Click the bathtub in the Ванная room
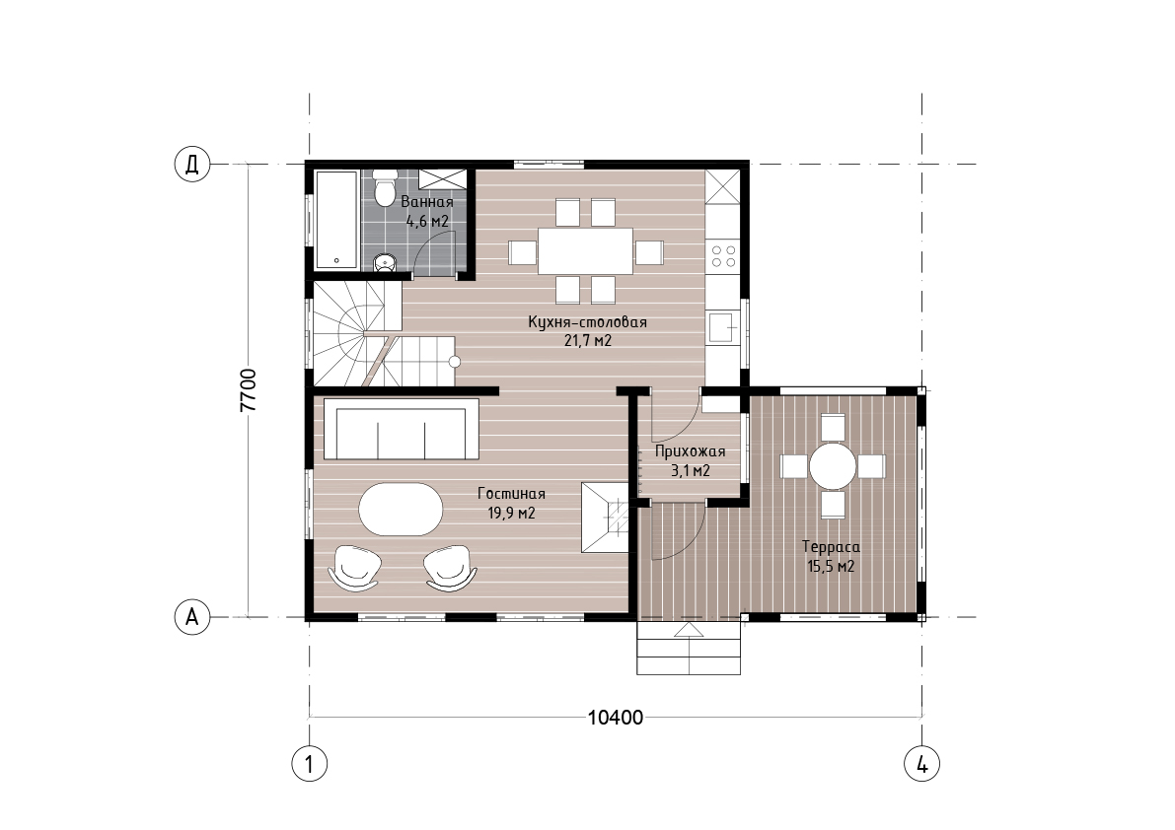336,220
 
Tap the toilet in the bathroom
385,187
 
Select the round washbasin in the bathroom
385,262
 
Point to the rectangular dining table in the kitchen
586,251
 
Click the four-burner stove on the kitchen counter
724,256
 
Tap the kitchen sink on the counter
722,327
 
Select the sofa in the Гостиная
401,429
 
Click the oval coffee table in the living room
401,509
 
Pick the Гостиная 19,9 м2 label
512,503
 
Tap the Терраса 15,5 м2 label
831,556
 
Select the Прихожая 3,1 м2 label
691,461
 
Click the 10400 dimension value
616,718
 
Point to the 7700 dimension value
249,390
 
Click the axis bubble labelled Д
192,164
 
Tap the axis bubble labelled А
192,617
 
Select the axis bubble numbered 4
922,765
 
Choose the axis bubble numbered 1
309,765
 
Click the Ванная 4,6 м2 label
427,211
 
